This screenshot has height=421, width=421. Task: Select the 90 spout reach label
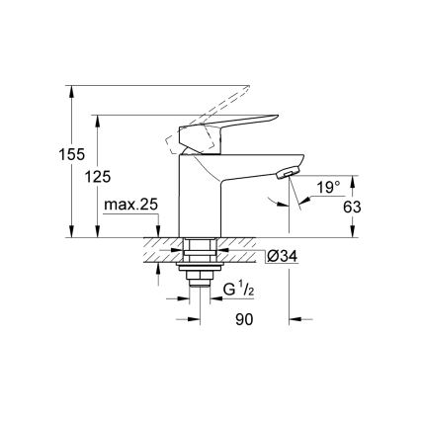[244, 320]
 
